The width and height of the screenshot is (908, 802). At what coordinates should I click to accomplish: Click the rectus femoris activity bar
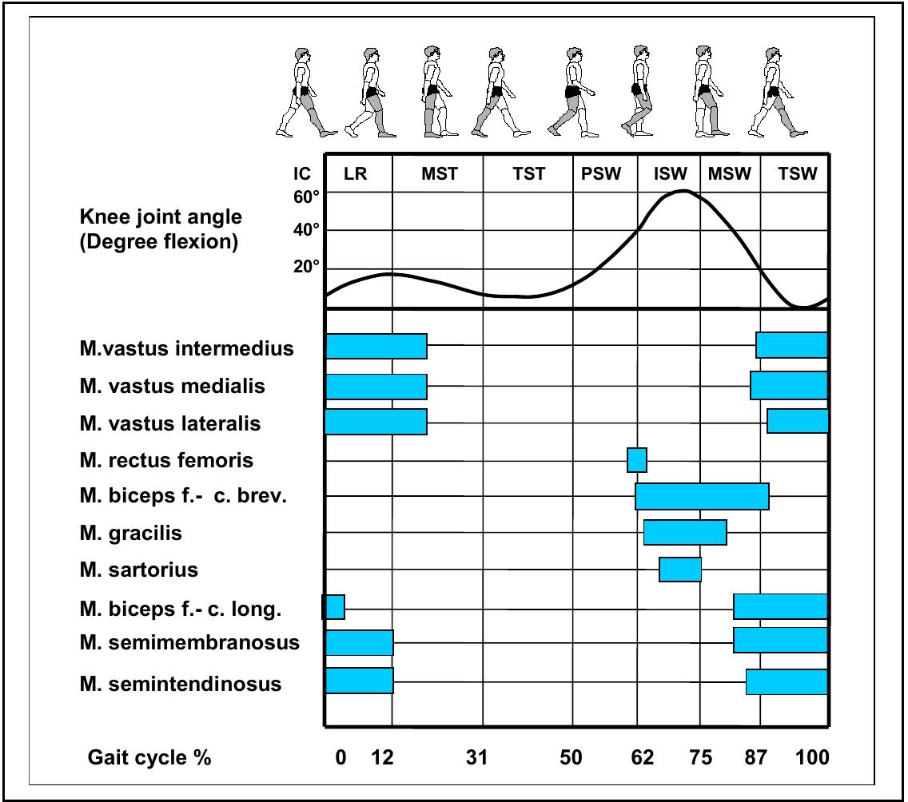click(637, 460)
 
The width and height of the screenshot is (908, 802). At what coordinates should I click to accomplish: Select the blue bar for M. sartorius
click(680, 570)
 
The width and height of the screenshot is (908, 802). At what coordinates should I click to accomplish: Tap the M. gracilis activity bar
click(685, 532)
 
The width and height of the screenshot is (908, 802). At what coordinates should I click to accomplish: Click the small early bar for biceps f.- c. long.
click(334, 607)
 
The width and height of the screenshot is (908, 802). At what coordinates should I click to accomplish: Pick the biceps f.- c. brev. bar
click(702, 496)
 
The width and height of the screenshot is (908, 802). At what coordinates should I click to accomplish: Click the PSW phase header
click(601, 175)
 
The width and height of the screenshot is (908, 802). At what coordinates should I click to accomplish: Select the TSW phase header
click(798, 175)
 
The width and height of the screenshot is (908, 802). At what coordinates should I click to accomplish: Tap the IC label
click(301, 175)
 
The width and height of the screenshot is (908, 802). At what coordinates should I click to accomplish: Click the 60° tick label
click(307, 197)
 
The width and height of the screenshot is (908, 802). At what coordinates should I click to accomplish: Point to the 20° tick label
click(307, 267)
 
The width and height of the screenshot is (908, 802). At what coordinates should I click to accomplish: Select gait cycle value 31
click(476, 757)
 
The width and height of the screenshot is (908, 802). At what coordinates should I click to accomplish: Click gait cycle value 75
click(700, 757)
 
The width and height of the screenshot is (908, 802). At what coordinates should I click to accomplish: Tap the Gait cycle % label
click(149, 757)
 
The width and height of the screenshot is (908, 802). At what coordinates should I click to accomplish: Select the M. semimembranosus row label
click(189, 642)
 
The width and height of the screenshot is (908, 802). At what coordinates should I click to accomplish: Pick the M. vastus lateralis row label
click(170, 423)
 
